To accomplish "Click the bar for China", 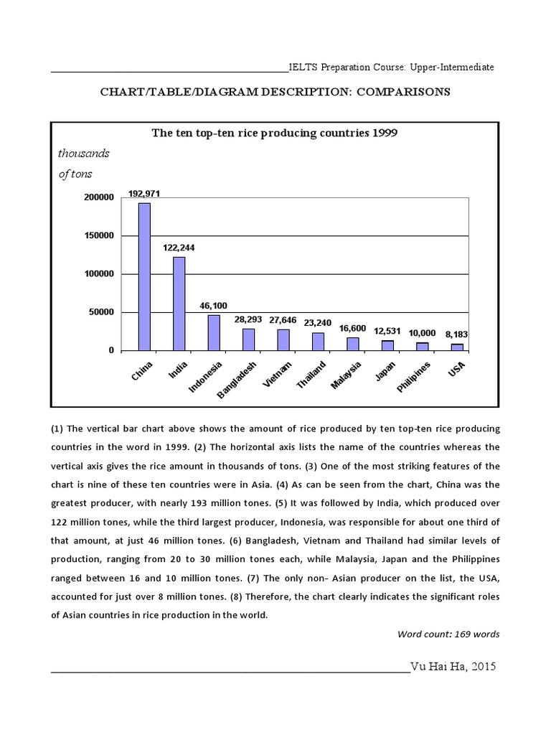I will [x=144, y=276].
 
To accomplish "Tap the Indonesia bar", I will [x=214, y=332].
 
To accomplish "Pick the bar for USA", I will [x=457, y=347].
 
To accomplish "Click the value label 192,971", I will [x=144, y=194].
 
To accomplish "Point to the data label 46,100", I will [x=215, y=306].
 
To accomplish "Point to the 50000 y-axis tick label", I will [x=101, y=312].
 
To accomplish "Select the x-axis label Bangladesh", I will [x=236, y=378].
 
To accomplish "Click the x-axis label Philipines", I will [x=415, y=378].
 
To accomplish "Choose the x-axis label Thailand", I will [x=311, y=375].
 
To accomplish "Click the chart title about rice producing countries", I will [x=273, y=133].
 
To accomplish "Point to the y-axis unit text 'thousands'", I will [x=83, y=153].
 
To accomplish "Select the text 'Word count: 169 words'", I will [x=448, y=634].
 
